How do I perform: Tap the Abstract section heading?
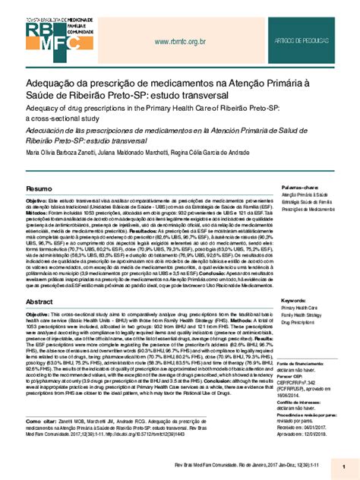point(41,302)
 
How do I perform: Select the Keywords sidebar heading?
point(297,301)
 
